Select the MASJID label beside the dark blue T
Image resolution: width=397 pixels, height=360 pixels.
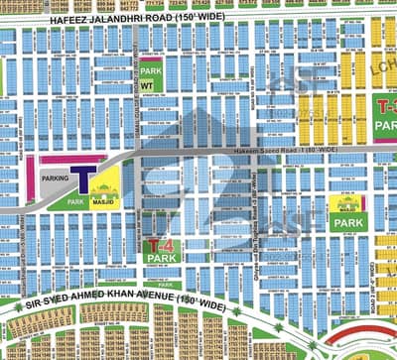click(x=105, y=199)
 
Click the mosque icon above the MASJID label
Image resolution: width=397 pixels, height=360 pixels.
click(x=105, y=184)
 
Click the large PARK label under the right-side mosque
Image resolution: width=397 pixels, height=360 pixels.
click(x=346, y=224)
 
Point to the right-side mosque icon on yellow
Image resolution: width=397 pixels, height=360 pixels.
click(x=346, y=205)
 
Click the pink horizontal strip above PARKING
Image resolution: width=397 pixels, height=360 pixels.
click(x=71, y=157)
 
